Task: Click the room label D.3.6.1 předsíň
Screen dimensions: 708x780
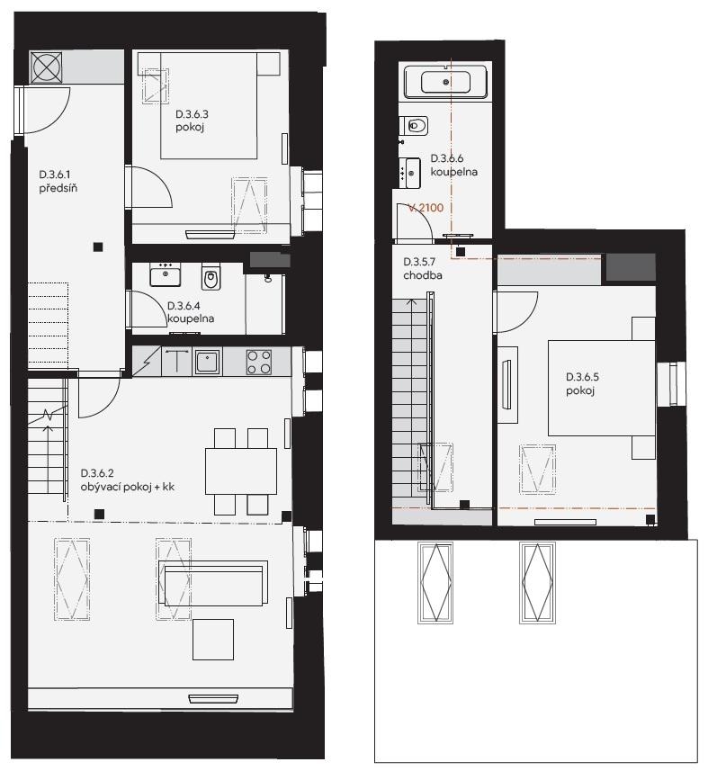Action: (58, 181)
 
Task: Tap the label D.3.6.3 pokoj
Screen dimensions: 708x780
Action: (192, 121)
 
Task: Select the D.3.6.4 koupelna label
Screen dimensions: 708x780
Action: (191, 312)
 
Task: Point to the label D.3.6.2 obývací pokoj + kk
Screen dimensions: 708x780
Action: (128, 480)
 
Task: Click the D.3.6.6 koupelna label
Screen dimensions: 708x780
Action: (453, 166)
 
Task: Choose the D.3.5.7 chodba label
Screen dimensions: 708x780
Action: (423, 269)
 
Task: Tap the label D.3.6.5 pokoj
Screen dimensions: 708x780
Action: (582, 383)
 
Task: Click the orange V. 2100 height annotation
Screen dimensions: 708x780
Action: (426, 208)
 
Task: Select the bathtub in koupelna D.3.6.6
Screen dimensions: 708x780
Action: (445, 82)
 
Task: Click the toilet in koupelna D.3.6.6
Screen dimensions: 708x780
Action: (415, 126)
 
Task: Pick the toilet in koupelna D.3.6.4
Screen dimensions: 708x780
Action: (211, 276)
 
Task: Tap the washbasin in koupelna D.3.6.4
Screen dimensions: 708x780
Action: (166, 274)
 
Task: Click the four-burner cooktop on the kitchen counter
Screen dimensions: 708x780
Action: (259, 363)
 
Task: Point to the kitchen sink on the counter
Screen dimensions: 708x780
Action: (207, 362)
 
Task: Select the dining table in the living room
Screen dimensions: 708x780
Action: (241, 471)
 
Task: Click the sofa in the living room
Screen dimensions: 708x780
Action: (213, 583)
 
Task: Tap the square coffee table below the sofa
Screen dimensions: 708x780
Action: (213, 640)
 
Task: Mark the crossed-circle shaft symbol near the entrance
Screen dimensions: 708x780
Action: (46, 67)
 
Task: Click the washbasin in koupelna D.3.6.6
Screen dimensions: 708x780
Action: (410, 173)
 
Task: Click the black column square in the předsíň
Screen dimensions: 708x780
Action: (98, 247)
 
